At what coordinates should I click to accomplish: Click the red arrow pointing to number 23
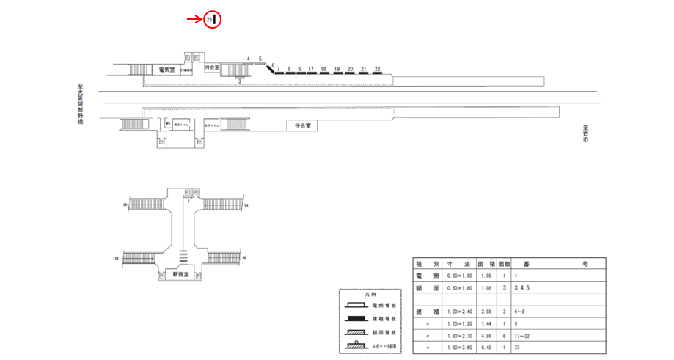pyautogui.click(x=194, y=20)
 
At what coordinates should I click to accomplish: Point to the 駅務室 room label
pyautogui.click(x=181, y=274)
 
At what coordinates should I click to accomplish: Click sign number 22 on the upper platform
pyautogui.click(x=377, y=68)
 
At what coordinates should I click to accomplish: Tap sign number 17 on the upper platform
pyautogui.click(x=312, y=69)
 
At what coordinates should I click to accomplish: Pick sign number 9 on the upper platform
pyautogui.click(x=301, y=69)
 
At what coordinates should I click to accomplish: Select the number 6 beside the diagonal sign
pyautogui.click(x=273, y=65)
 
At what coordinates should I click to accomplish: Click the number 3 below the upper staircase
pyautogui.click(x=240, y=81)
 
